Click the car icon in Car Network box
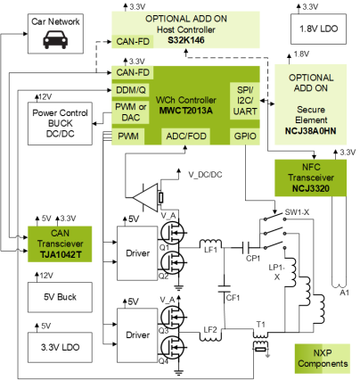click(x=55, y=39)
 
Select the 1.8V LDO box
click(x=318, y=29)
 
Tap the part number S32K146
click(x=186, y=40)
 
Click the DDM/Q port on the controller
click(x=130, y=90)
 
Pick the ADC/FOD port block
click(x=186, y=136)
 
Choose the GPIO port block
click(x=245, y=136)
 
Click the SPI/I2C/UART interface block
click(x=245, y=101)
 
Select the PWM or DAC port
click(x=130, y=112)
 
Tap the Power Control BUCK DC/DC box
click(x=60, y=123)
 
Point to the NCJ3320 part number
click(x=311, y=188)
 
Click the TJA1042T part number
click(x=61, y=255)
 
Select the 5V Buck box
click(x=60, y=297)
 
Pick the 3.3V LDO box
click(x=60, y=347)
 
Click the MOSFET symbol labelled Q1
click(x=172, y=233)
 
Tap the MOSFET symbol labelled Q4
click(x=172, y=347)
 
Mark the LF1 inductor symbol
click(x=210, y=244)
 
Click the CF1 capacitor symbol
click(x=225, y=289)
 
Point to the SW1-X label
click(x=297, y=212)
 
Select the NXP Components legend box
click(x=323, y=359)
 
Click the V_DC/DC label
click(x=205, y=175)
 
